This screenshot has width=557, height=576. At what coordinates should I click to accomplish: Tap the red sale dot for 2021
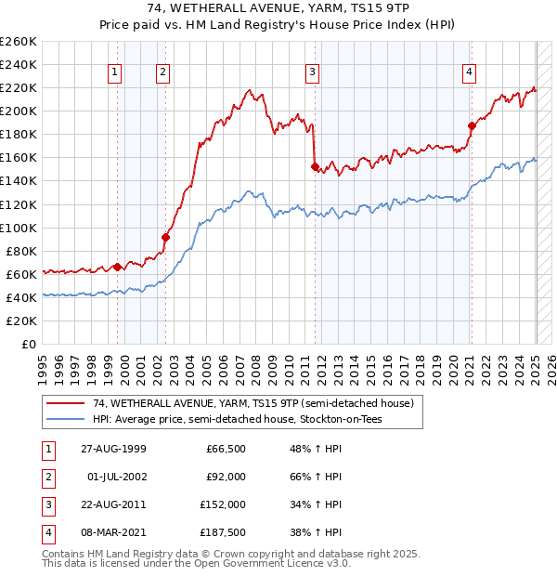(472, 125)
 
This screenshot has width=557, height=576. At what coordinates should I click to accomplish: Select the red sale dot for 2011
(315, 167)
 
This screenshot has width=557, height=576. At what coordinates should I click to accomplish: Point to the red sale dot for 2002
(165, 237)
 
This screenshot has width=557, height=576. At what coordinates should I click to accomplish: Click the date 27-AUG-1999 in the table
(112, 449)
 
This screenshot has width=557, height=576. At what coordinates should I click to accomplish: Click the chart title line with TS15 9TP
(278, 9)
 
